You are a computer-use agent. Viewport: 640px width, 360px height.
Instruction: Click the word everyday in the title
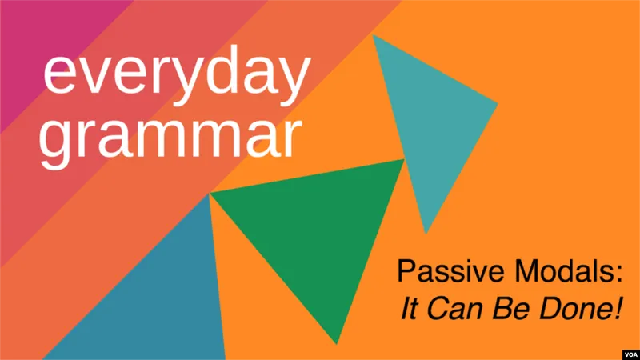point(177,75)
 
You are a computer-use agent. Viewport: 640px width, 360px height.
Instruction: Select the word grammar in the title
point(170,138)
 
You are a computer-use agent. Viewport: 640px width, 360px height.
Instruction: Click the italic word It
point(410,308)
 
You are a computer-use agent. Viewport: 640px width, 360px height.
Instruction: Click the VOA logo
point(631,354)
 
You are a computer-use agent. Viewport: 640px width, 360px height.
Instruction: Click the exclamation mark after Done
point(619,308)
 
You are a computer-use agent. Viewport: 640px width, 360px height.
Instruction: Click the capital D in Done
point(550,308)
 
